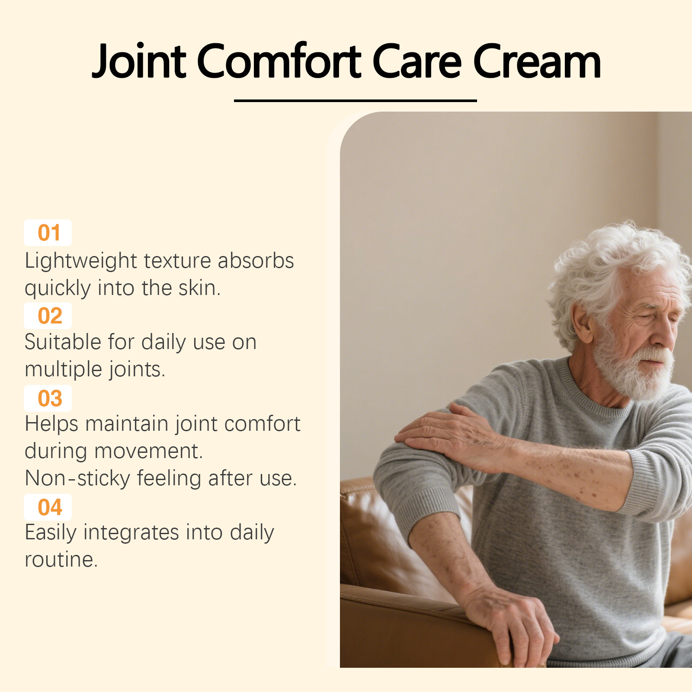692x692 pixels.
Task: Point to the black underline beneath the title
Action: pyautogui.click(x=355, y=100)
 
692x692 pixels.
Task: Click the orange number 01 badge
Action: pyautogui.click(x=48, y=233)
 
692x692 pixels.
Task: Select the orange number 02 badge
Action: pyautogui.click(x=48, y=316)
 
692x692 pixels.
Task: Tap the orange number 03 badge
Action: pyautogui.click(x=48, y=398)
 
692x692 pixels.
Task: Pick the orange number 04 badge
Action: pyautogui.click(x=48, y=507)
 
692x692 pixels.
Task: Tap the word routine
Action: pyautogui.click(x=61, y=560)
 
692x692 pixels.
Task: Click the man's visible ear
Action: pyautogui.click(x=582, y=322)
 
